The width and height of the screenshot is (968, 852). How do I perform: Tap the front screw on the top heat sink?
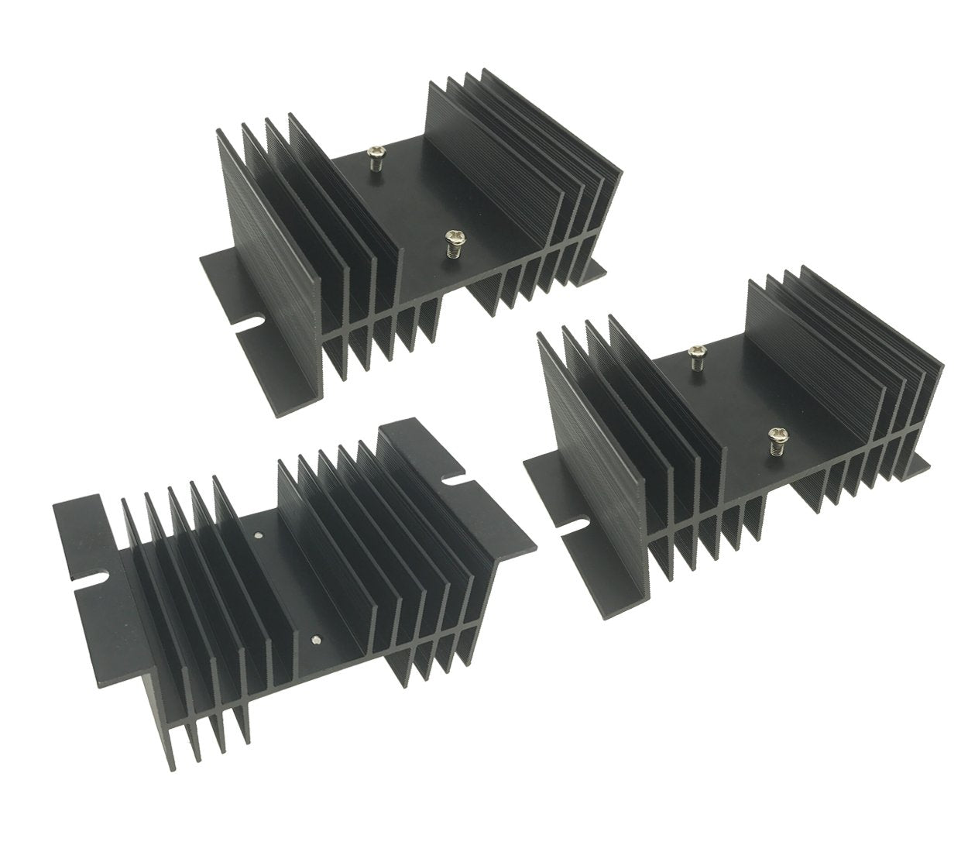452,242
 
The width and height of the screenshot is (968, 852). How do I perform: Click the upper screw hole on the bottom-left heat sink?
258,533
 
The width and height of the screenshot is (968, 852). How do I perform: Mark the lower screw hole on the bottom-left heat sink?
314,639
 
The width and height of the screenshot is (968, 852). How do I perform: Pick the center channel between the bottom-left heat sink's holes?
287,589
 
